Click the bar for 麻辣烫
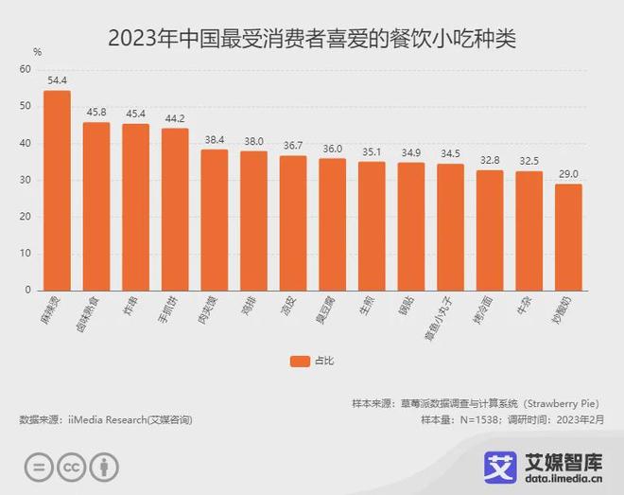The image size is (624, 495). [57, 190]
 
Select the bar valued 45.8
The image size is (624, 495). [96, 206]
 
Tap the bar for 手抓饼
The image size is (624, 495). [175, 209]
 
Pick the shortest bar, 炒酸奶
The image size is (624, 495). [567, 237]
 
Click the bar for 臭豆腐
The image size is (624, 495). [332, 224]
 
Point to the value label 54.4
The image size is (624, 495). [57, 80]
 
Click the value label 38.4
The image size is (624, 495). [214, 139]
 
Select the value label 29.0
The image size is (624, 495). [567, 173]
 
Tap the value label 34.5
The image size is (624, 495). [449, 153]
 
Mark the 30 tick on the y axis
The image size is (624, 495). [25, 180]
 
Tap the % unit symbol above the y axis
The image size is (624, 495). [37, 51]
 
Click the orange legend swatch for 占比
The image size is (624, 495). [300, 360]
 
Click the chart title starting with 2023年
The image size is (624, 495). [312, 39]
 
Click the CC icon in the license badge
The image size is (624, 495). [70, 468]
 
